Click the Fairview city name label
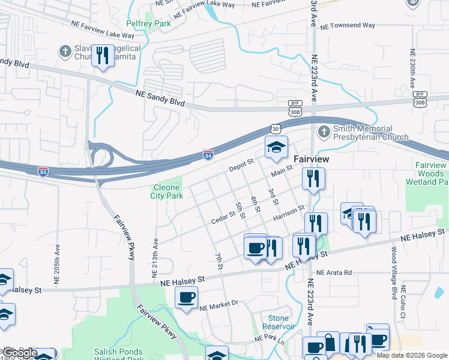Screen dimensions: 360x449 (x=313, y=159)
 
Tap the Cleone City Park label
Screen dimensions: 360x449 (x=166, y=191)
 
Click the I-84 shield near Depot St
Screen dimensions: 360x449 (x=208, y=155)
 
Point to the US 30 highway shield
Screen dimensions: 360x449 (x=275, y=128)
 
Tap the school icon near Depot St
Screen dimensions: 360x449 (x=276, y=147)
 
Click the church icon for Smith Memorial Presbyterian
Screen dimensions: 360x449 (x=324, y=130)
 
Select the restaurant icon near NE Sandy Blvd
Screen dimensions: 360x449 (x=103, y=56)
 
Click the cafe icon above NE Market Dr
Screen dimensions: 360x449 (x=186, y=297)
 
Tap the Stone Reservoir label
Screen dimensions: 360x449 (x=279, y=322)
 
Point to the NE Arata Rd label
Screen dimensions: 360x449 (x=333, y=272)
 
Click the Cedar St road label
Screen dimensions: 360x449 (x=223, y=217)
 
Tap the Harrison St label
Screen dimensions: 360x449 (x=289, y=211)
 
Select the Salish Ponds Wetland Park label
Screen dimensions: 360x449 (x=118, y=355)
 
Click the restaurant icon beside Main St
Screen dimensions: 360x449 (x=313, y=178)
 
